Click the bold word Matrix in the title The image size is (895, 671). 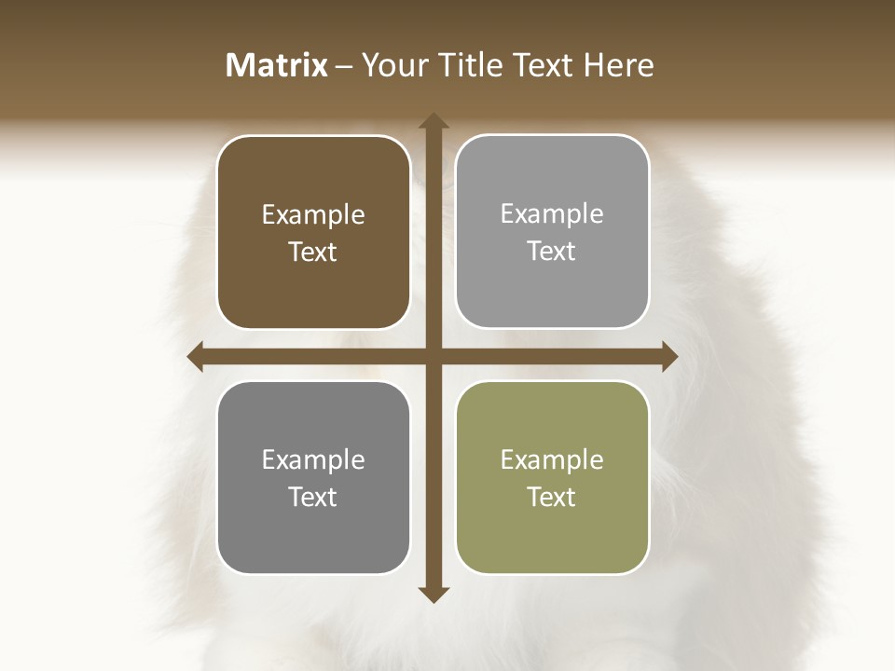click(x=277, y=65)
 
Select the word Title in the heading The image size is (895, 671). click(x=468, y=65)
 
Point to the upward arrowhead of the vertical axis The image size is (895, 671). click(x=434, y=121)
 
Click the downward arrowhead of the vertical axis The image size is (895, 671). click(x=434, y=594)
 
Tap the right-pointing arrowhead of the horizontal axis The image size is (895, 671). click(x=669, y=356)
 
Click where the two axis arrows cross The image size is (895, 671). click(x=434, y=356)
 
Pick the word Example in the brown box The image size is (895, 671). click(x=313, y=215)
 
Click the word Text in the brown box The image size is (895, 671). click(x=313, y=253)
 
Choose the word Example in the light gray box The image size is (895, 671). click(x=552, y=214)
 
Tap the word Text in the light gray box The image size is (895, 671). click(x=552, y=252)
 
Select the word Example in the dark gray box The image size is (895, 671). click(x=313, y=460)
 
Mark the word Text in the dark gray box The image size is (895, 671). click(x=313, y=498)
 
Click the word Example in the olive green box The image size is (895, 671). click(x=552, y=460)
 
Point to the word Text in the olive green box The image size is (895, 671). click(x=552, y=498)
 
